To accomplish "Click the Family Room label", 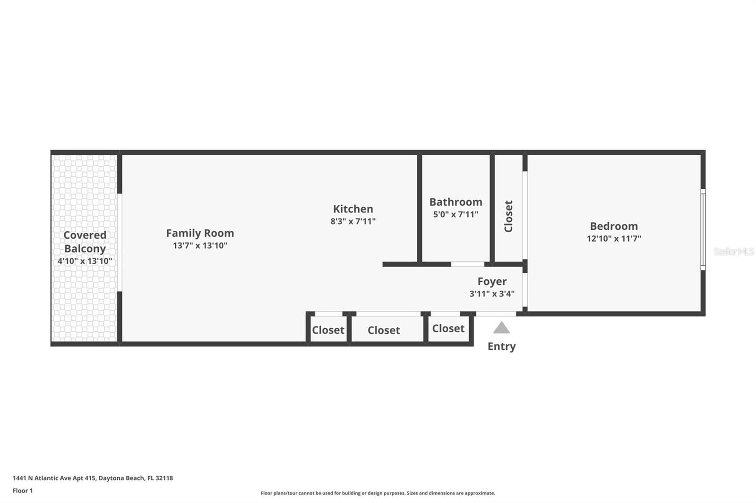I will coord(200,233).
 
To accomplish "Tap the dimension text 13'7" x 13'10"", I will coord(200,245).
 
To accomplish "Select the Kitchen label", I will coord(353,209).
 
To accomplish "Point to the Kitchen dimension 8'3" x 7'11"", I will coord(353,221).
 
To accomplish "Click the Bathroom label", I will coord(455,202).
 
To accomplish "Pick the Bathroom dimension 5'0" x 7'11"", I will coord(455,214).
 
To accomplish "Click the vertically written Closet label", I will coord(508,216).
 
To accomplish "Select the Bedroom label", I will coord(614,226).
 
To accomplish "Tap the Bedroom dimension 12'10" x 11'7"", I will coord(614,239).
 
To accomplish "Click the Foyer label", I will coord(492,281).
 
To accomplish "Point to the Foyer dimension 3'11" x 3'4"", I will coord(492,293).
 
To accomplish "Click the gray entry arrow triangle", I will coord(501,328).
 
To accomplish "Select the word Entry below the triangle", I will coord(501,346).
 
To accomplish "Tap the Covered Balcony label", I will coord(85,242).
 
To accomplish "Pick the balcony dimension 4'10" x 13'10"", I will coord(85,261).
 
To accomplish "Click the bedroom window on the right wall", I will coord(703,230).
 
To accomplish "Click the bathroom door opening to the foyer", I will coord(467,264).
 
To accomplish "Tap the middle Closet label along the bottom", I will coord(384,330).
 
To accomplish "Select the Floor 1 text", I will coord(23,491).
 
